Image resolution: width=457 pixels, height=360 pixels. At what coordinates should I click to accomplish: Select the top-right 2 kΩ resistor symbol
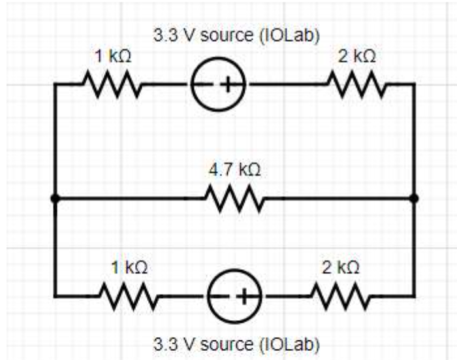(x=356, y=84)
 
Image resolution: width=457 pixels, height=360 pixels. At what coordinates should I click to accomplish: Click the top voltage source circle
(x=219, y=85)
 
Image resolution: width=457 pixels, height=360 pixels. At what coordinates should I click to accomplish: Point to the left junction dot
(x=55, y=198)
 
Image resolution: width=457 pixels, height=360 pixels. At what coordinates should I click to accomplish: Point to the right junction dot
(x=414, y=198)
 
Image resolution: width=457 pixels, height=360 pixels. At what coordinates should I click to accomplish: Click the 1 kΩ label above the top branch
(x=112, y=57)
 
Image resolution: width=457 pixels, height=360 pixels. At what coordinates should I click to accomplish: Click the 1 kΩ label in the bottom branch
(x=128, y=267)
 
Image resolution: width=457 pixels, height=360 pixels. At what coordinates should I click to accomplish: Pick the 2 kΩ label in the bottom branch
(x=339, y=267)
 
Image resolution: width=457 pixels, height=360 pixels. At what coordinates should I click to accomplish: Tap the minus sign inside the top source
(x=207, y=85)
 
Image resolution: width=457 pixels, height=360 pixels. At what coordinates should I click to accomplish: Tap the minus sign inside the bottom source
(x=223, y=297)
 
